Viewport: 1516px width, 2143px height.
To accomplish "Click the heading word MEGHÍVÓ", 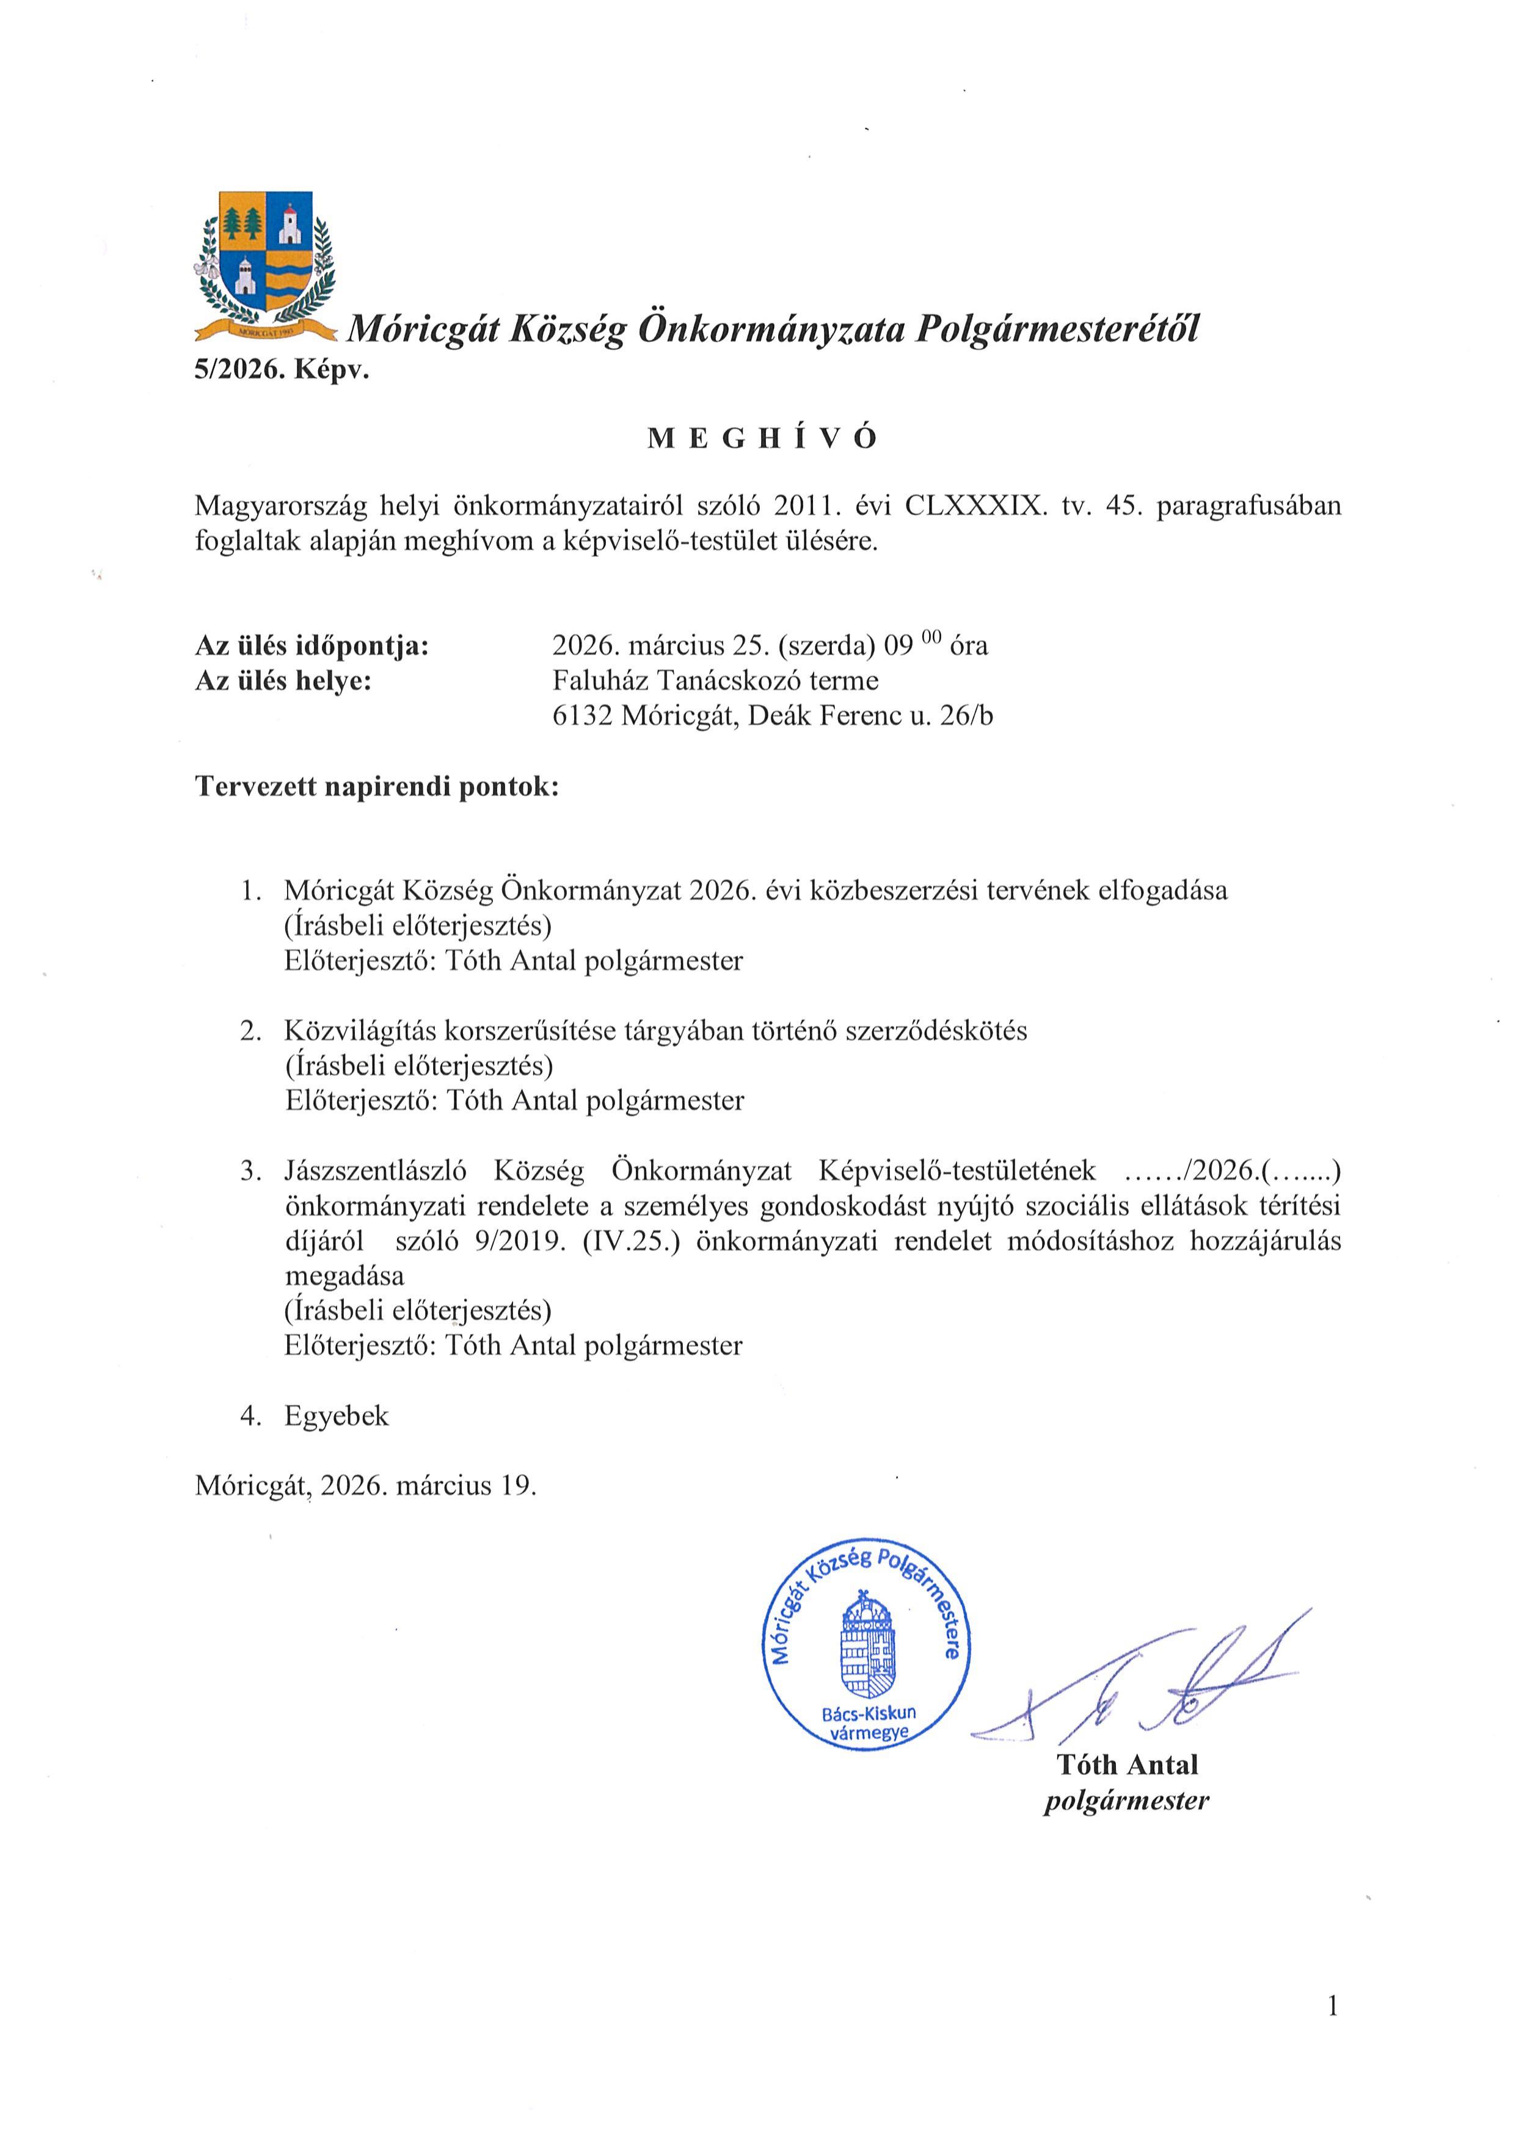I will [x=763, y=439].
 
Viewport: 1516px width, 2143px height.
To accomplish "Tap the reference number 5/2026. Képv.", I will [x=282, y=371].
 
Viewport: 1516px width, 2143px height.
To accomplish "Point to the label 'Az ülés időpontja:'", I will [x=312, y=645].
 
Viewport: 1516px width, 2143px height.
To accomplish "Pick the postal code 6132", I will [x=583, y=716].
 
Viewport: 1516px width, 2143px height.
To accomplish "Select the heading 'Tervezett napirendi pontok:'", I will [x=376, y=787].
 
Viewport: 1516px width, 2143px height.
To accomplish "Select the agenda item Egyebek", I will [x=336, y=1416].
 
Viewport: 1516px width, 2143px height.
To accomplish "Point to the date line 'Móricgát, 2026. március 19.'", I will [x=366, y=1485].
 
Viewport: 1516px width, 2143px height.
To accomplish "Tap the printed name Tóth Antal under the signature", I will [x=1127, y=1764].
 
